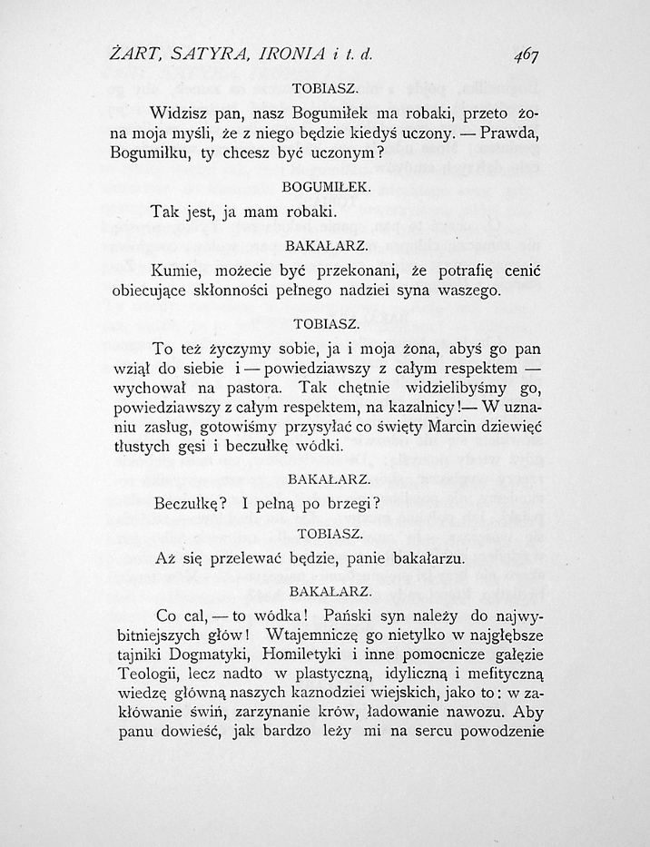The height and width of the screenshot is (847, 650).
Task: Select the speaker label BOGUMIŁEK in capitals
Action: (326, 187)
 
